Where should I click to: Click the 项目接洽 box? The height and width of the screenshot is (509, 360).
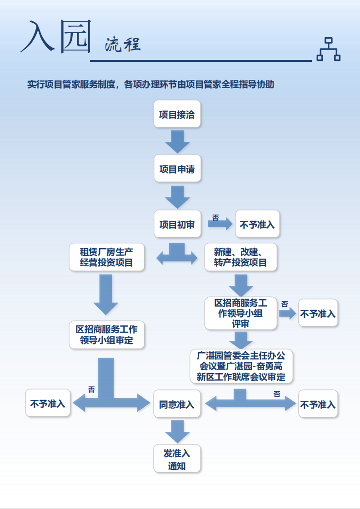click(x=177, y=115)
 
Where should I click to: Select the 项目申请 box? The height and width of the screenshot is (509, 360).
click(x=177, y=169)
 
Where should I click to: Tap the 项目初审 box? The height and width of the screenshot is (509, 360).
click(x=177, y=225)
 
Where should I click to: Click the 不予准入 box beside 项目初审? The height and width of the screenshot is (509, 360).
click(x=257, y=225)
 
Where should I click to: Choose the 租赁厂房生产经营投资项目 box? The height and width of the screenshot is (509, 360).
click(x=106, y=257)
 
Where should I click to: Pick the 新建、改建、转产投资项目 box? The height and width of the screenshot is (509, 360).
click(x=240, y=257)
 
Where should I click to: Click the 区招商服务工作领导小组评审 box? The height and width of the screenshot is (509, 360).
click(x=240, y=314)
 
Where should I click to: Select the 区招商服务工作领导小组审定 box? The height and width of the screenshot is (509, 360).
click(x=106, y=334)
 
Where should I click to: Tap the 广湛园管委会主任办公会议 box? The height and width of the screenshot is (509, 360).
click(x=241, y=366)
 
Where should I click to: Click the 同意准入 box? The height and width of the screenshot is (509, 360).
click(x=177, y=404)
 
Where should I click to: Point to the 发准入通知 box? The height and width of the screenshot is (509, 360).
click(x=177, y=459)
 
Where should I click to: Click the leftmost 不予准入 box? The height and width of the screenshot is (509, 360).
click(x=48, y=403)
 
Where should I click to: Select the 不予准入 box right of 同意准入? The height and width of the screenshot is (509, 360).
click(x=318, y=404)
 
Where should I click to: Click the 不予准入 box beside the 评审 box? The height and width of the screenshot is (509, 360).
click(x=318, y=313)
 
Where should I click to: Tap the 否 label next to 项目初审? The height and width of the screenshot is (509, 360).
click(x=215, y=218)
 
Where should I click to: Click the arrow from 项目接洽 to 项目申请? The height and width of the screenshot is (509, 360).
click(x=177, y=142)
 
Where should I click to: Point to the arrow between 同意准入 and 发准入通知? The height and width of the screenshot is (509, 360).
click(x=177, y=431)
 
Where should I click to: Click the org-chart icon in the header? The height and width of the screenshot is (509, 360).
click(x=328, y=49)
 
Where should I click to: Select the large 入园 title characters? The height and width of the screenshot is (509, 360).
click(x=55, y=37)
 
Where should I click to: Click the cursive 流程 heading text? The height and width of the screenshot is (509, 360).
click(x=122, y=45)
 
